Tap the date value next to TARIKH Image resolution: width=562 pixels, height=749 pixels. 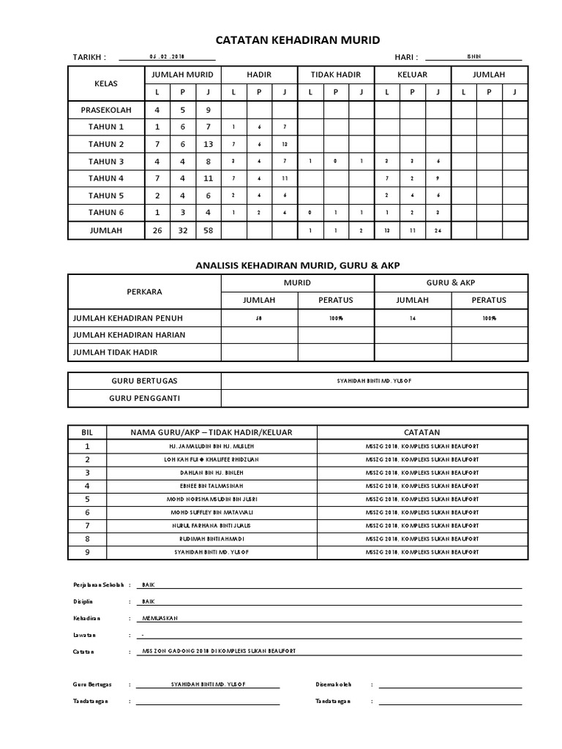point(167,57)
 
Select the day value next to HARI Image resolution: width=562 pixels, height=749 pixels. point(473,57)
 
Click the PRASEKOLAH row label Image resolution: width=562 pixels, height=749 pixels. point(106,110)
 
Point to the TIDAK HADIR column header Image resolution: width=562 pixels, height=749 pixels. point(336,75)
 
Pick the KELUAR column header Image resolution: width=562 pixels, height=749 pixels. point(412,75)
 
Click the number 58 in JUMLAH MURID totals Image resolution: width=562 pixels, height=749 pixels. point(208,230)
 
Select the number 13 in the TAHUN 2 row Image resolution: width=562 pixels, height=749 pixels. point(208,144)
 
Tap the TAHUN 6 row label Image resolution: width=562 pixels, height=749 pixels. point(106,213)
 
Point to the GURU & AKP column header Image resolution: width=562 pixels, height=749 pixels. point(450,283)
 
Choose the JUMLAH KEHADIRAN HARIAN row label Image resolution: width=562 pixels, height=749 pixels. point(128,335)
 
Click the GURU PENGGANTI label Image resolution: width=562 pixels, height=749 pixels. point(144,399)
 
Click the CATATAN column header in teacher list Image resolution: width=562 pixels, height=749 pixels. point(421,432)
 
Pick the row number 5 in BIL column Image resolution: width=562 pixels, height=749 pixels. point(87,499)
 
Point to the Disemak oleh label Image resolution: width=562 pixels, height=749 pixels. point(334,685)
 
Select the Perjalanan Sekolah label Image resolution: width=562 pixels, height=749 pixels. point(98,586)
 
